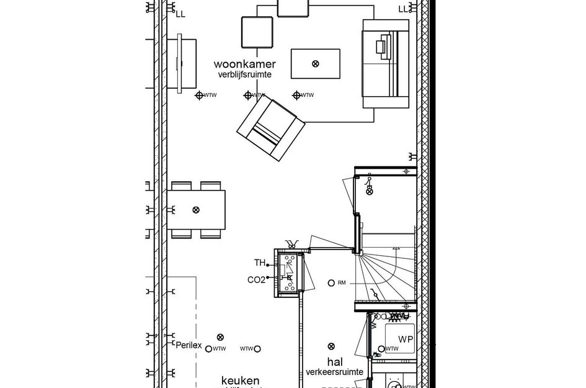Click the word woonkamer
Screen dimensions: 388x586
tap(245, 64)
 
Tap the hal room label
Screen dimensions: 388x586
tap(335, 361)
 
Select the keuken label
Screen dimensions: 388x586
tap(241, 381)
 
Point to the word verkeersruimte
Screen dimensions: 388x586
tap(334, 372)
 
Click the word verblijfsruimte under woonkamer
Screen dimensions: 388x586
tap(245, 74)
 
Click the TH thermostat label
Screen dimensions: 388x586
tap(259, 262)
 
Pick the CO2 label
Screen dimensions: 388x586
tap(256, 280)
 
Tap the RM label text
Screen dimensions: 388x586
tap(342, 283)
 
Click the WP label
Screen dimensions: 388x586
tap(406, 340)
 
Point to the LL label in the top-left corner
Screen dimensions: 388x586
tap(180, 13)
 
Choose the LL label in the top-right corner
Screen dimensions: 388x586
tap(403, 9)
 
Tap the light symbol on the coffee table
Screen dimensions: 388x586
tap(316, 63)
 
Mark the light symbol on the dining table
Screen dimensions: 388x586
tap(197, 210)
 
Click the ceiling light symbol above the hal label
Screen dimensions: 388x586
tap(331, 346)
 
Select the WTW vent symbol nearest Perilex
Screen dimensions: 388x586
tap(208, 349)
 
